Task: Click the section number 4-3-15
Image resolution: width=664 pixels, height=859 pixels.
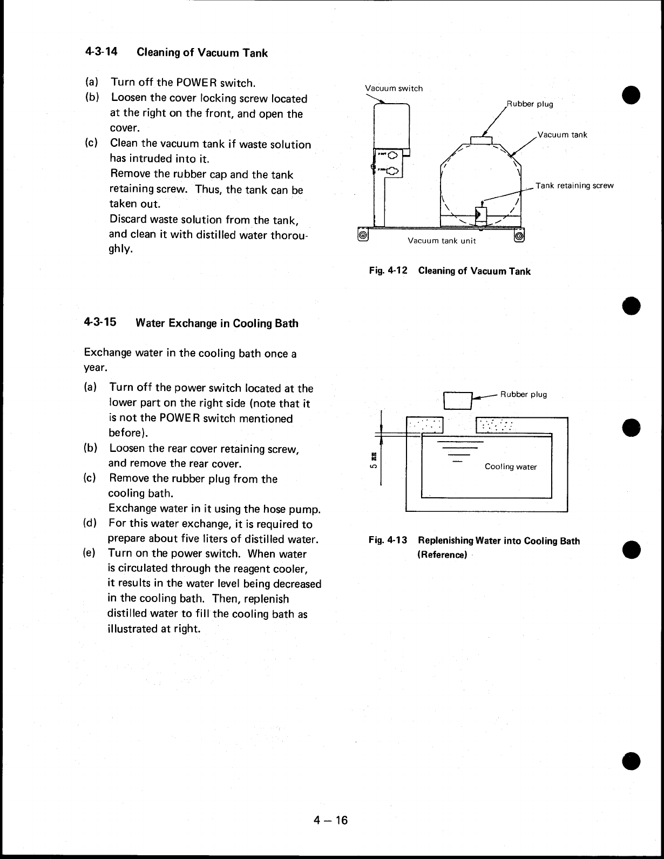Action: [100, 323]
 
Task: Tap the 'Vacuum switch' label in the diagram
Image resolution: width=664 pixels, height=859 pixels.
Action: [394, 88]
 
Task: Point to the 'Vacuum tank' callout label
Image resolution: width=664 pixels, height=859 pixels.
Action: [563, 134]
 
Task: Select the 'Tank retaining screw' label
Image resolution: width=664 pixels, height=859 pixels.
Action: [574, 186]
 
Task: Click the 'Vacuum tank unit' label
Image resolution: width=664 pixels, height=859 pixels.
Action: [442, 241]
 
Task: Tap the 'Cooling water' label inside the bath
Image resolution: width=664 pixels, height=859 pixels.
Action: [511, 466]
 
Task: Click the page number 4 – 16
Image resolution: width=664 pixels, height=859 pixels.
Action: [331, 821]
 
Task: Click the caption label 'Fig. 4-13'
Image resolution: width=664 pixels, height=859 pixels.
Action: [388, 540]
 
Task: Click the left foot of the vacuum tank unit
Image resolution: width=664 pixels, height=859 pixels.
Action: [363, 235]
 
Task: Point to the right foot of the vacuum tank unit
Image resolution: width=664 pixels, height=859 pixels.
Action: [519, 235]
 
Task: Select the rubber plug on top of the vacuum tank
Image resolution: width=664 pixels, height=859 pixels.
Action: [482, 140]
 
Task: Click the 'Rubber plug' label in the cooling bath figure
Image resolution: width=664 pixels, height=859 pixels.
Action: [523, 394]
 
